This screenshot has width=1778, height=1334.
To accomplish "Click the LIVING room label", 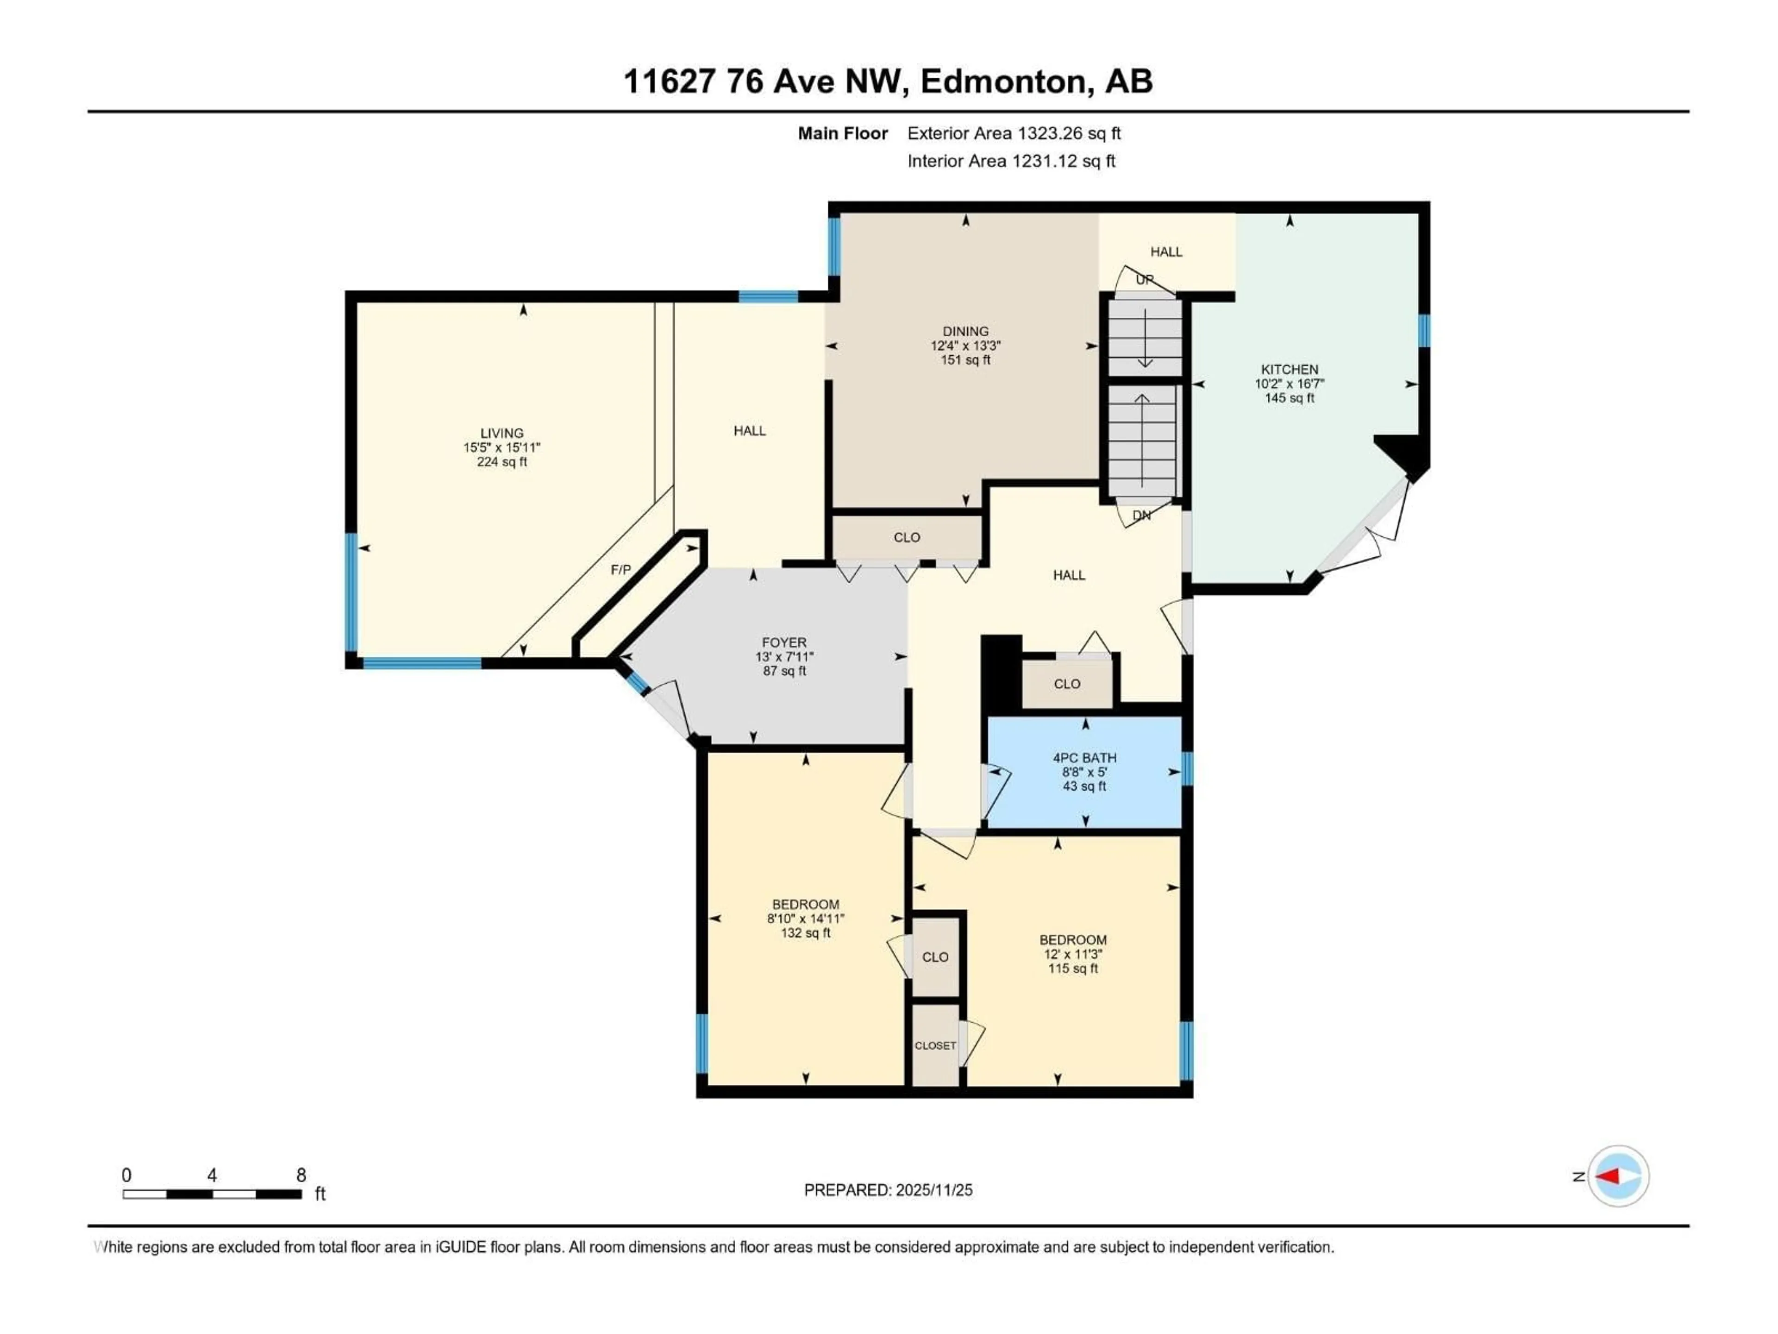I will click(x=501, y=433).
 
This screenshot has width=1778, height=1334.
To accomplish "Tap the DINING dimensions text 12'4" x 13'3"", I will click(x=965, y=346).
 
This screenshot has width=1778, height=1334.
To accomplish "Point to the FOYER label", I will click(x=784, y=642).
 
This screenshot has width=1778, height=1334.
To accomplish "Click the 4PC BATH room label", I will click(x=1084, y=757).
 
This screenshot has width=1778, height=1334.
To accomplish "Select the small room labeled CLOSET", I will click(x=935, y=1045).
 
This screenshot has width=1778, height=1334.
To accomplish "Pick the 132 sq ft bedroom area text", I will click(x=805, y=933).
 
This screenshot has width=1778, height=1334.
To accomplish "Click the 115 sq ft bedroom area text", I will click(x=1072, y=968).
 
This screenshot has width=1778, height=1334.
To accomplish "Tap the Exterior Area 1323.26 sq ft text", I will click(x=1014, y=133).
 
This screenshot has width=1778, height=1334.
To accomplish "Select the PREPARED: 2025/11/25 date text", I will click(x=888, y=1190).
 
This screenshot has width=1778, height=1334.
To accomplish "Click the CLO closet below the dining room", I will click(x=907, y=537).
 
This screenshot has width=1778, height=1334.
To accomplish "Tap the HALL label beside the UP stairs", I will click(x=1165, y=252).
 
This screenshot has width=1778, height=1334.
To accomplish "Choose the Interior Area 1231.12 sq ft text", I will click(x=1011, y=161).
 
